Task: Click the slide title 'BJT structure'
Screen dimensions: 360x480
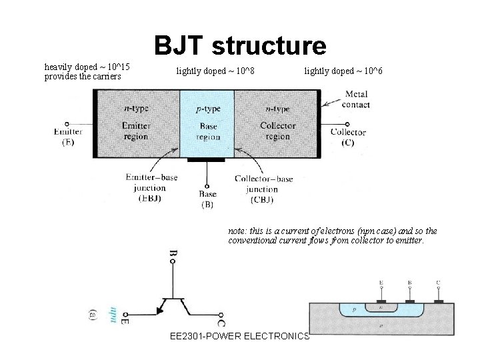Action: tap(241, 46)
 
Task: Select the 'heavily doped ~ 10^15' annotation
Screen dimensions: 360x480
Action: tap(87, 67)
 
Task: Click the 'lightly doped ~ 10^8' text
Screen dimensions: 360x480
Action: tap(215, 70)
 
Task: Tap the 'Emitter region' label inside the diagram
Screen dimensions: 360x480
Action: tap(137, 131)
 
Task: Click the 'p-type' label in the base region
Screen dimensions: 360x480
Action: tap(207, 108)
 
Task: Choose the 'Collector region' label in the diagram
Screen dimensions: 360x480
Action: tap(278, 131)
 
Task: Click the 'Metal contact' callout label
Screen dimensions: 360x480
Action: tap(355, 99)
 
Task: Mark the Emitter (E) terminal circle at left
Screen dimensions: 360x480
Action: tap(67, 124)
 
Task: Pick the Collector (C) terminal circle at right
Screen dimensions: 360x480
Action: tap(347, 123)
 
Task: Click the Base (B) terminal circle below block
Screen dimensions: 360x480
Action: tap(207, 187)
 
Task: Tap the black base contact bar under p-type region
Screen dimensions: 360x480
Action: tap(207, 160)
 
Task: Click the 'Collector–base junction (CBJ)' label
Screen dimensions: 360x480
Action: tap(263, 189)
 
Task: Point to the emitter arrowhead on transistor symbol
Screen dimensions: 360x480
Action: tap(160, 309)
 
